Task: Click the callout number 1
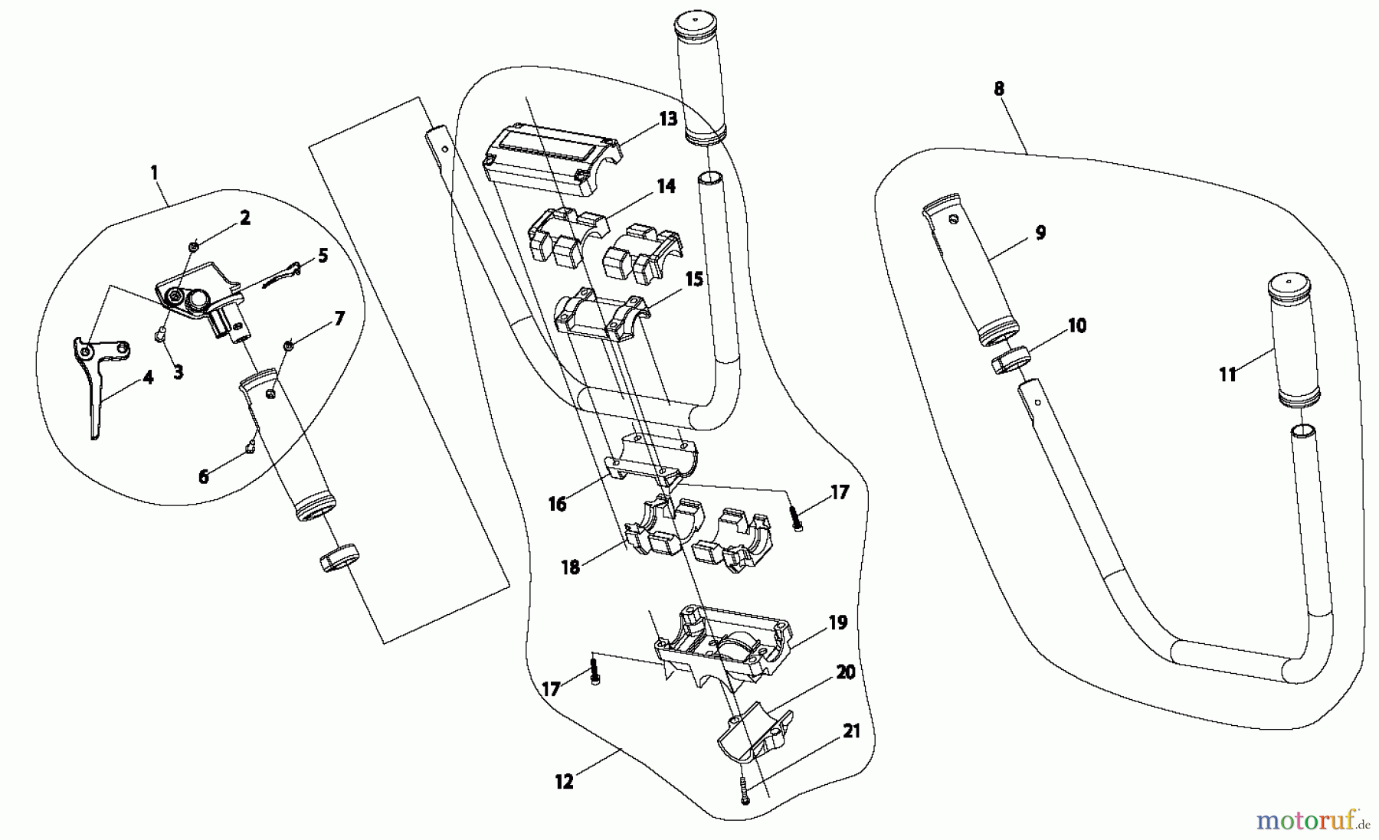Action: pyautogui.click(x=155, y=172)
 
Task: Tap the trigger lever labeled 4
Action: pyautogui.click(x=98, y=383)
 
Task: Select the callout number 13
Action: pyautogui.click(x=668, y=119)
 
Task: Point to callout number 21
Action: pyautogui.click(x=852, y=731)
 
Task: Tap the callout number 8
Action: pyautogui.click(x=998, y=89)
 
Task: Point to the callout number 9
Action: pyautogui.click(x=1040, y=233)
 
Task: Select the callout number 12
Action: pyautogui.click(x=564, y=782)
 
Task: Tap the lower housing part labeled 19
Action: pyautogui.click(x=720, y=643)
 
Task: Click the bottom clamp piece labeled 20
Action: pyautogui.click(x=755, y=731)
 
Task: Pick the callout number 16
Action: pyautogui.click(x=557, y=504)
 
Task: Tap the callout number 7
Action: pyautogui.click(x=339, y=318)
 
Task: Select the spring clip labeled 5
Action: pyautogui.click(x=282, y=274)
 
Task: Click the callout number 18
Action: pyautogui.click(x=571, y=568)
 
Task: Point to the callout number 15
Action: pyautogui.click(x=694, y=279)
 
